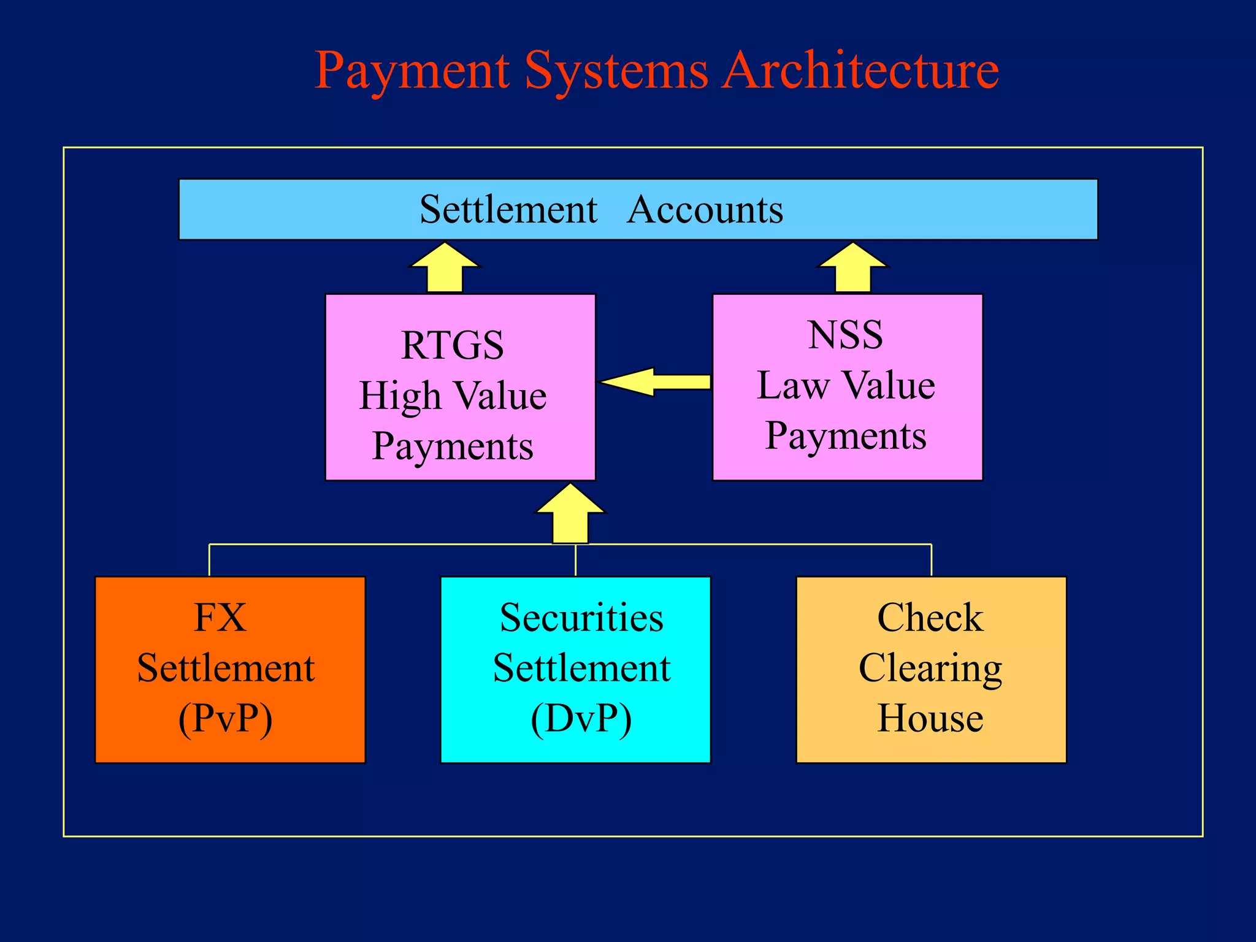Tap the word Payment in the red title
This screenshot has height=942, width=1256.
(412, 72)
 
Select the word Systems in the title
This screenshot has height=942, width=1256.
(616, 72)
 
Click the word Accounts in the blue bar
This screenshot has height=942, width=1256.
(705, 210)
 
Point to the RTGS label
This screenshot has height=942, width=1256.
(453, 345)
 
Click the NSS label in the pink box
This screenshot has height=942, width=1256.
(845, 335)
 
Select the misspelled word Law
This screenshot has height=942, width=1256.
(793, 386)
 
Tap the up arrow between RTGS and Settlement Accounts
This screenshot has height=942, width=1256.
(445, 267)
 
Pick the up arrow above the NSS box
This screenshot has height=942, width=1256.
(852, 267)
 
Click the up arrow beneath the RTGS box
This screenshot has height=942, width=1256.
(570, 513)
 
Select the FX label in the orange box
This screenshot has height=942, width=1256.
(220, 618)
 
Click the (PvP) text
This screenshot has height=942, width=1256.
(225, 718)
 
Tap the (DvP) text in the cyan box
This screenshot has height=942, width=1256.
(581, 718)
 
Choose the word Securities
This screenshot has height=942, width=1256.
(581, 618)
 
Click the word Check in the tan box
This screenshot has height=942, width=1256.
(930, 618)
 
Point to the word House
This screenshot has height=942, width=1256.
(930, 718)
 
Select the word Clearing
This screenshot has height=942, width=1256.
(930, 668)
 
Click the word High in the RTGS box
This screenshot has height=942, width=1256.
(400, 396)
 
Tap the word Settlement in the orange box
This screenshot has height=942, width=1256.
(226, 668)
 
